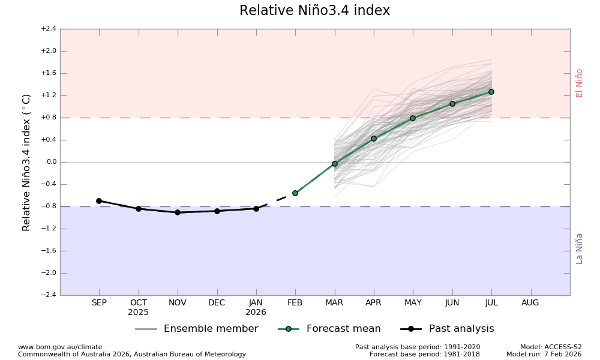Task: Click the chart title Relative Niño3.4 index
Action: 314,11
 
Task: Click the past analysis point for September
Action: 99,201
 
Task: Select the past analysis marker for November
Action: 178,212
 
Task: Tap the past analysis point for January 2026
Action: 256,209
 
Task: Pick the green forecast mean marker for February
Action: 295,193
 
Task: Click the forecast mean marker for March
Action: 335,164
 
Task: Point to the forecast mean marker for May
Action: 413,118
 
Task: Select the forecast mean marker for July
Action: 491,92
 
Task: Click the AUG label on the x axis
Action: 530,303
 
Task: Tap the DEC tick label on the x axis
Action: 217,303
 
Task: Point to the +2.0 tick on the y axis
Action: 49,51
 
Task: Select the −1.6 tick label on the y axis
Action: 49,251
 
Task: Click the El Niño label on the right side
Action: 580,83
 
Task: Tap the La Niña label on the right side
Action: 580,248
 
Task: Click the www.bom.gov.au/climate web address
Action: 60,347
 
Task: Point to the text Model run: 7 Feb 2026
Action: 544,355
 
